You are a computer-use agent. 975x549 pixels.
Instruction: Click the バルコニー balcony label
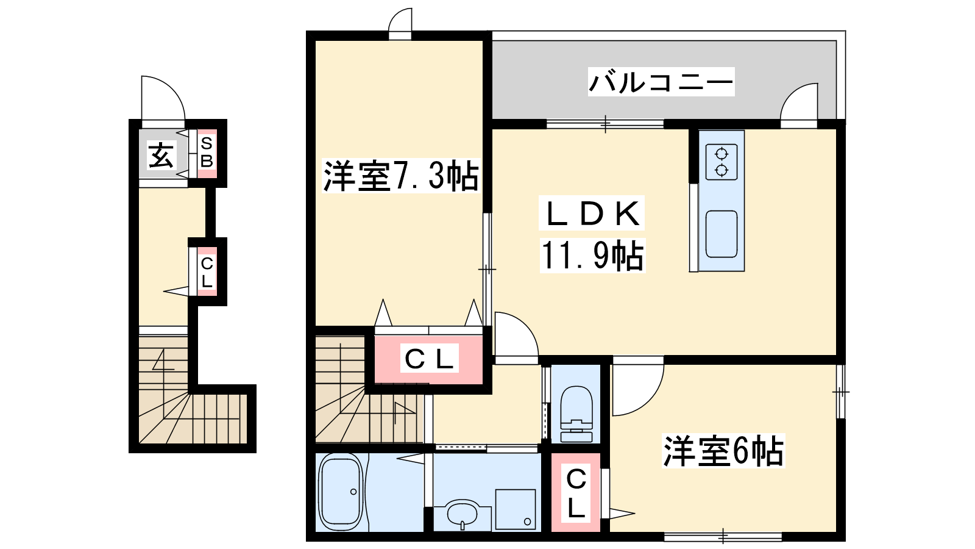click(661, 82)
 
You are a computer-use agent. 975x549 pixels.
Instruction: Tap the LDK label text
click(592, 213)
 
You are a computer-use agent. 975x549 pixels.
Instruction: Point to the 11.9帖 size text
click(592, 256)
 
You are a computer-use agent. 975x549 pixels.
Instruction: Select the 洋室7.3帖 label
click(400, 176)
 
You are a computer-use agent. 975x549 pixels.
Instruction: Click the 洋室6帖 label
click(723, 451)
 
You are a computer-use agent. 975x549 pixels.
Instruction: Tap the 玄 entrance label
click(161, 155)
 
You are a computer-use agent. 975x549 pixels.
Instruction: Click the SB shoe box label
click(207, 152)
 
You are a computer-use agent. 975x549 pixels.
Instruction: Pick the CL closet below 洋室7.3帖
click(429, 359)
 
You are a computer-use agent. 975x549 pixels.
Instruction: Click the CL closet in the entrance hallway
click(207, 272)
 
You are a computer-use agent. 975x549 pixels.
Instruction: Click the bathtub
click(341, 492)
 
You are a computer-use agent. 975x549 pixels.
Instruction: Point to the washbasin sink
click(463, 515)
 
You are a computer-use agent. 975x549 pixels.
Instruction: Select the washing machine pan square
click(516, 509)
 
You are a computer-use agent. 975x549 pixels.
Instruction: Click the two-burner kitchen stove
click(721, 162)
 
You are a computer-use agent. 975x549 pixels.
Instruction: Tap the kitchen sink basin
click(721, 234)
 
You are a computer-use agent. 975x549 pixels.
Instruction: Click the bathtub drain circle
click(353, 492)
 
